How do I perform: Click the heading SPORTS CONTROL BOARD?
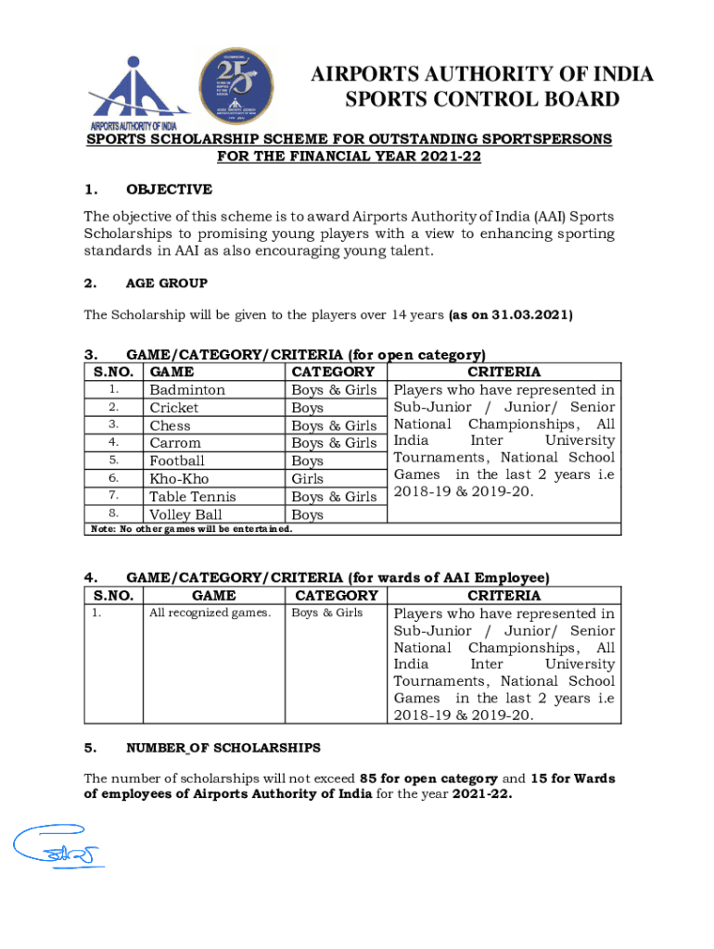481,100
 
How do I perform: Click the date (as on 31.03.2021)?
510,315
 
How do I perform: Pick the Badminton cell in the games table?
187,390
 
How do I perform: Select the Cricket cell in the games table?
174,408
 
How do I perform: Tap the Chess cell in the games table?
171,425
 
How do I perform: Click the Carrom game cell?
175,443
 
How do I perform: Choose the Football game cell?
177,461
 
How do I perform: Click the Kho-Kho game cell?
180,478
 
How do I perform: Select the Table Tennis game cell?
193,497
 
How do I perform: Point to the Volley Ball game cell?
185,514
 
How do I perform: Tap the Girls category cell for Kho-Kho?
308,478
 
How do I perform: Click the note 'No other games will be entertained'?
191,529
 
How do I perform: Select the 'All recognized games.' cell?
210,613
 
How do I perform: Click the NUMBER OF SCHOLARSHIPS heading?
223,747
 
